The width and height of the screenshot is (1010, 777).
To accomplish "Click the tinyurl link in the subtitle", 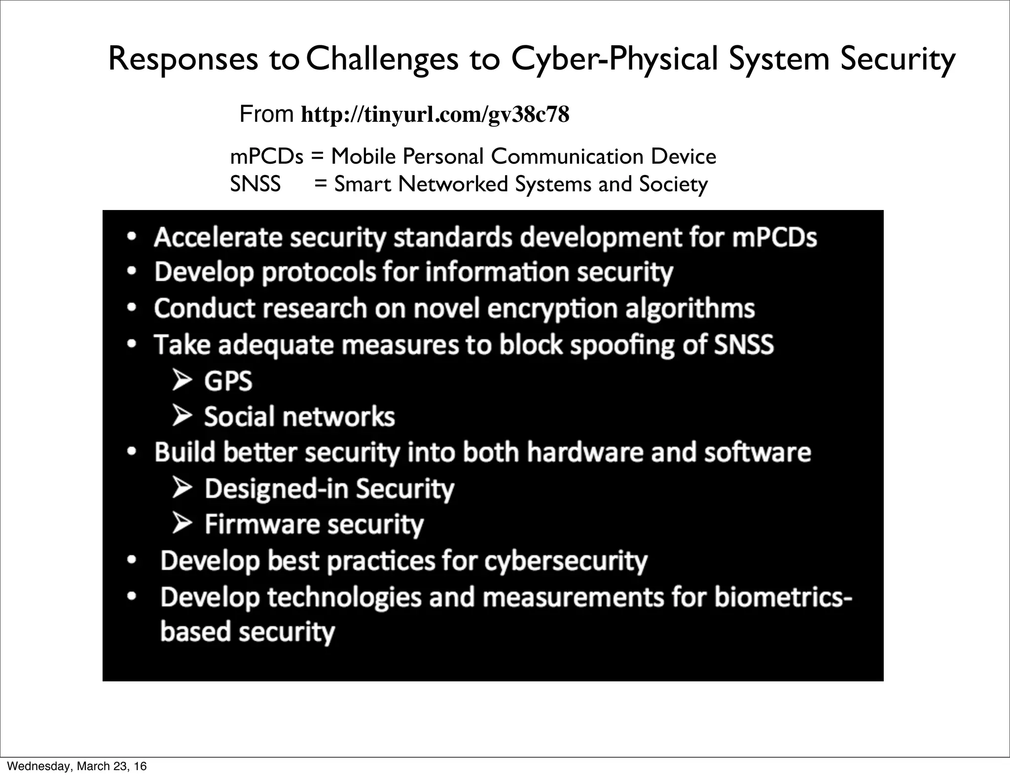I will pyautogui.click(x=434, y=115).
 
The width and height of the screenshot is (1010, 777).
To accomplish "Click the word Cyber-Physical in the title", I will pyautogui.click(x=614, y=59).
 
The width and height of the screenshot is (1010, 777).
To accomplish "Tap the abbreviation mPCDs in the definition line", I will pyautogui.click(x=266, y=157).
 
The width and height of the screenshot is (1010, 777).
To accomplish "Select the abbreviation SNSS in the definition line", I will pyautogui.click(x=255, y=184).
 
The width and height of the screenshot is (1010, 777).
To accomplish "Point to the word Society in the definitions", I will pyautogui.click(x=673, y=184).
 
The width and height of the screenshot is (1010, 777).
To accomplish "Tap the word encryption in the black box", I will pyautogui.click(x=552, y=309).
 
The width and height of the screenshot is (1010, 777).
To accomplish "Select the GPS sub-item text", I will pyautogui.click(x=228, y=381).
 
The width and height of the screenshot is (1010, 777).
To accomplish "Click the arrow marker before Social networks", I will pyautogui.click(x=182, y=416).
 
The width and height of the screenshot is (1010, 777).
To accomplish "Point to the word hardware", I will pyautogui.click(x=585, y=452).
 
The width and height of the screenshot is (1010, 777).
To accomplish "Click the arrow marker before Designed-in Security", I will pyautogui.click(x=182, y=488).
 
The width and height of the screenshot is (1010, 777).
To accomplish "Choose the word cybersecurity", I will pyautogui.click(x=565, y=561).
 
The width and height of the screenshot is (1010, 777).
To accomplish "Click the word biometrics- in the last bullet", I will pyautogui.click(x=783, y=597).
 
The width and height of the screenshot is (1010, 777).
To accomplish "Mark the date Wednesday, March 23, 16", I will pyautogui.click(x=77, y=766).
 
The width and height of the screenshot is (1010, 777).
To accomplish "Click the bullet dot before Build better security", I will pyautogui.click(x=131, y=452).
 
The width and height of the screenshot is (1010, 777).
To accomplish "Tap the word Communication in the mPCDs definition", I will pyautogui.click(x=567, y=157).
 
